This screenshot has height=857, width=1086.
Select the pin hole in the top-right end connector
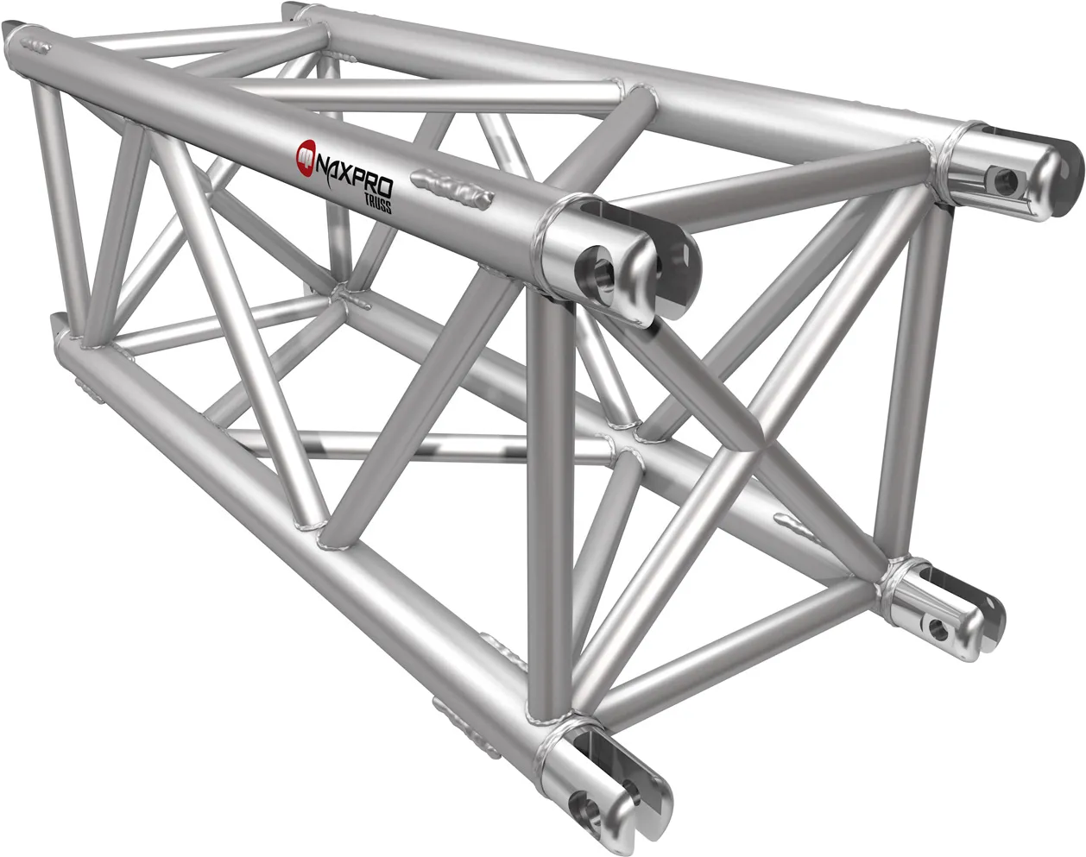coord(1004,181)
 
